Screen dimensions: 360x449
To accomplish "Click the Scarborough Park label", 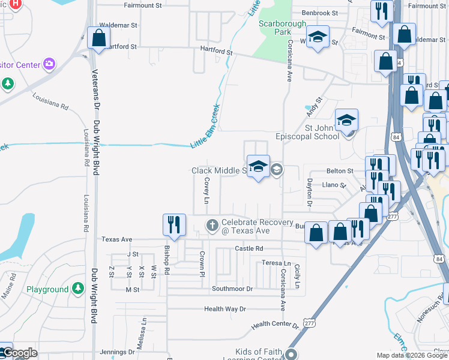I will (x=274, y=28).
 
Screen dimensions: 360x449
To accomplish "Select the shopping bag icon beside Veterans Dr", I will (x=98, y=38).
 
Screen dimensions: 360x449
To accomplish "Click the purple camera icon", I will (x=49, y=64).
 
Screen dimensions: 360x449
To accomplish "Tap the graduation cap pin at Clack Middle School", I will (x=259, y=167).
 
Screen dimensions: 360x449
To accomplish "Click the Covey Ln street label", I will (x=206, y=191).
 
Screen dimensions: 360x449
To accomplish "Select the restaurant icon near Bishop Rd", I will (x=174, y=225).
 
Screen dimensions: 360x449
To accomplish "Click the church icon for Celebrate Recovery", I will (x=212, y=226).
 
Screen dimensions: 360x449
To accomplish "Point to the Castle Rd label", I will (x=249, y=248).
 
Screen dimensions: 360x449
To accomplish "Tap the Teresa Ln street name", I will (x=276, y=263).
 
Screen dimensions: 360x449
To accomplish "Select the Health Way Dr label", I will (x=225, y=309).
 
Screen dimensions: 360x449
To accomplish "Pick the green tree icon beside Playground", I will (x=77, y=289).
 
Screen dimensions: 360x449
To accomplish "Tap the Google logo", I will (x=20, y=353).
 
